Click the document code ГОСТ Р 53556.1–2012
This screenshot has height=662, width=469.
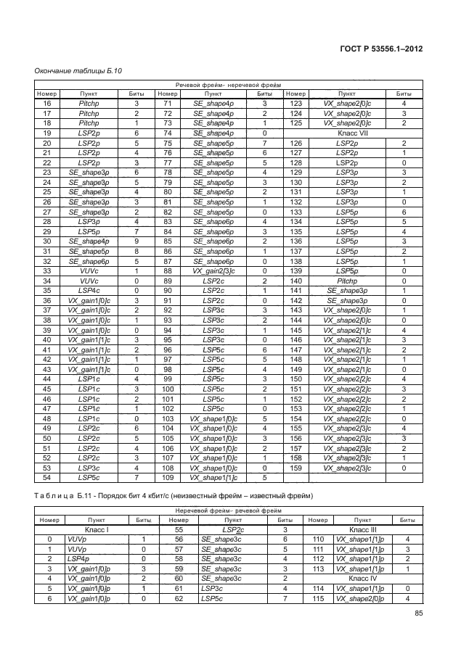tap(382, 49)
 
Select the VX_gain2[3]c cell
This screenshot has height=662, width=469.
tap(213, 270)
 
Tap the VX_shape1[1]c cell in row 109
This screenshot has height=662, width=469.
tap(213, 478)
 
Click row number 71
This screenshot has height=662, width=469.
tap(168, 104)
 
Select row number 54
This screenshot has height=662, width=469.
tap(47, 478)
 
